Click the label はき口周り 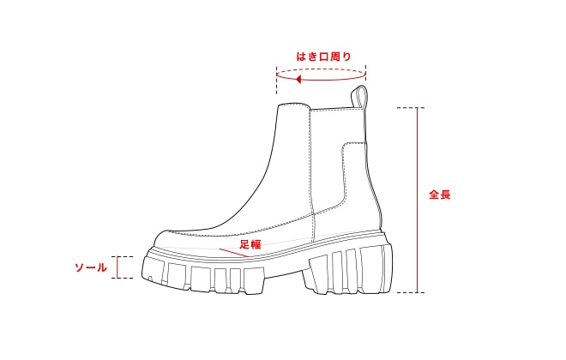323,57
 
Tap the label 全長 440,195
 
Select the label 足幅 250,244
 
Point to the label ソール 91,267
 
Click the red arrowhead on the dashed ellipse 298,79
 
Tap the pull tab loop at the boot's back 359,97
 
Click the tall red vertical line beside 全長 418,201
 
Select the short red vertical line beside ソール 117,267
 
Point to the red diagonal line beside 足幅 234,253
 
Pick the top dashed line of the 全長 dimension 411,107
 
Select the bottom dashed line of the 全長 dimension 411,292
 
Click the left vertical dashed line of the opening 277,80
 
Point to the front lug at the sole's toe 154,269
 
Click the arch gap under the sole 286,276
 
